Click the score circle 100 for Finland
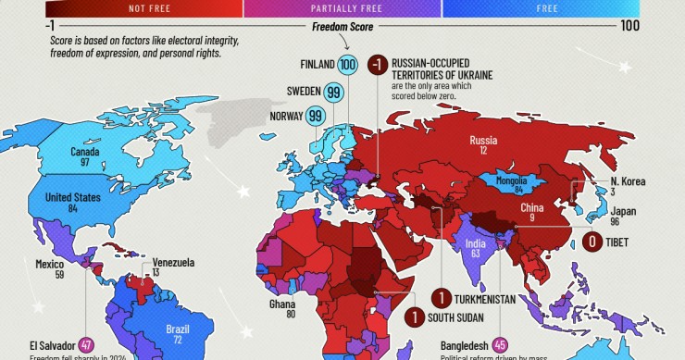click(x=347, y=65)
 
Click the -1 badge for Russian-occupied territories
click(x=376, y=65)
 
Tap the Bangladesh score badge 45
click(x=501, y=343)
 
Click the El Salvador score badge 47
click(x=86, y=343)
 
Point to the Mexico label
click(x=49, y=264)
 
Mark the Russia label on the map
click(x=483, y=141)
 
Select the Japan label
click(x=624, y=211)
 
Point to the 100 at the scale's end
click(x=630, y=26)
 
